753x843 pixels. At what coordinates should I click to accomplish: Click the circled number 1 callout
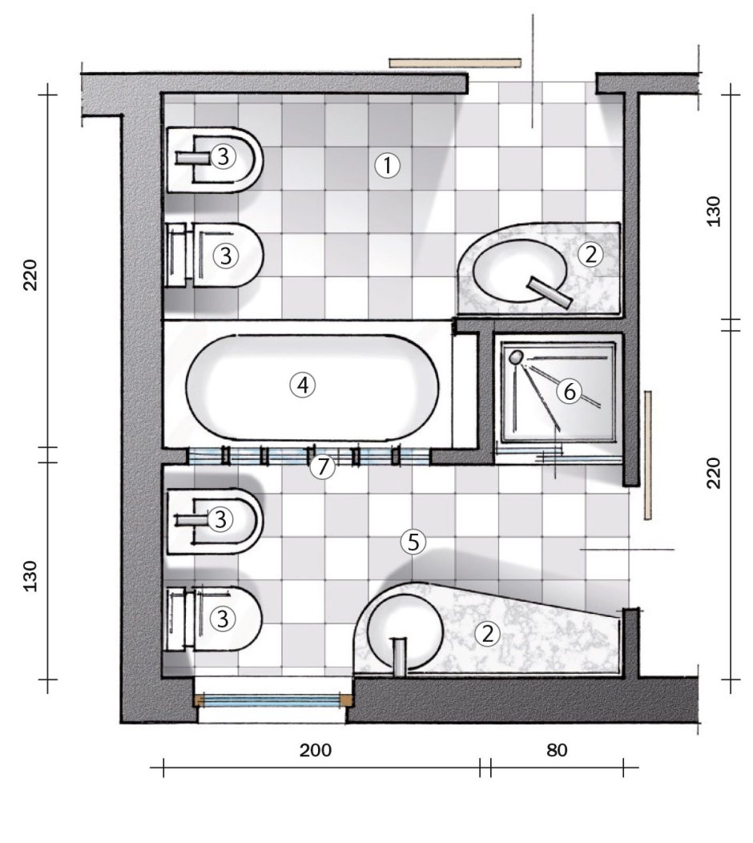387,166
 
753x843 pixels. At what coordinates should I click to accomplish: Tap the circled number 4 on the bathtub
303,385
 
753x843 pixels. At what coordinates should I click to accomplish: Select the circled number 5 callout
413,542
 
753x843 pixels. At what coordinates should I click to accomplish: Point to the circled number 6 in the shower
570,391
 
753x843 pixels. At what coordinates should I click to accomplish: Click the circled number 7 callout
323,466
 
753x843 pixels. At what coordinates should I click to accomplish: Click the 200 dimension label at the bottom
316,749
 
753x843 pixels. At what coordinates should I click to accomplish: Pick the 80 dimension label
557,749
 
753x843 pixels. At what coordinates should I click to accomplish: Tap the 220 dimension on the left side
30,275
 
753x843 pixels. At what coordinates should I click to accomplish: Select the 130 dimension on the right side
715,212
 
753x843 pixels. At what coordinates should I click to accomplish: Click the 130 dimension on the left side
30,576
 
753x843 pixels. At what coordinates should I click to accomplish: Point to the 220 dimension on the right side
715,473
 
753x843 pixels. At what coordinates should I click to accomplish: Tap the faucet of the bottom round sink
399,656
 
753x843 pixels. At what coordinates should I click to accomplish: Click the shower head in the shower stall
516,357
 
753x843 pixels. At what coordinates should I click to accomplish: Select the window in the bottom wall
274,700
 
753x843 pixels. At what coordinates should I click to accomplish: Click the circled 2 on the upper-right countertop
591,254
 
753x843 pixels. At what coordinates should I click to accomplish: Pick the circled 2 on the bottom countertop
488,634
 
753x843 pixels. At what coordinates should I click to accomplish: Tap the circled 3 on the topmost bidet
223,157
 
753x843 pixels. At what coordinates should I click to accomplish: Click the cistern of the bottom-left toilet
176,619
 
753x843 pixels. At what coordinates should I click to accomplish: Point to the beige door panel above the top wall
455,63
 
